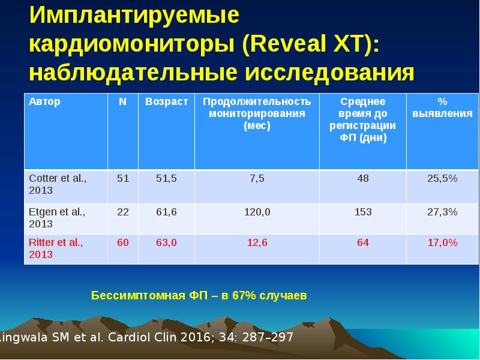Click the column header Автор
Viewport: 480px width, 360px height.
(44, 101)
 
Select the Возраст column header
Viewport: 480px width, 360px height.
(166, 101)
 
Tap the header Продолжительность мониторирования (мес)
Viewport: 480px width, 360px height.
(256, 113)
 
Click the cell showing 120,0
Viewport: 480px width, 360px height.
(257, 212)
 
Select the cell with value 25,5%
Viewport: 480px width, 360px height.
(442, 178)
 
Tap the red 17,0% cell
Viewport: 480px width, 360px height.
(442, 242)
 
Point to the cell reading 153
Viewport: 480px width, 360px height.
(363, 212)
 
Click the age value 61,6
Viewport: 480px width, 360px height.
(166, 212)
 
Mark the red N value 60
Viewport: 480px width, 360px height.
(122, 242)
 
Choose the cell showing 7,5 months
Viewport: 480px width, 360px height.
(257, 178)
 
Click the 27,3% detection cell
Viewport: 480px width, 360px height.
(442, 212)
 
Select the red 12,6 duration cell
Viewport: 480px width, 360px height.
(257, 242)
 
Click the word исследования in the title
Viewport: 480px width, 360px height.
(329, 72)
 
